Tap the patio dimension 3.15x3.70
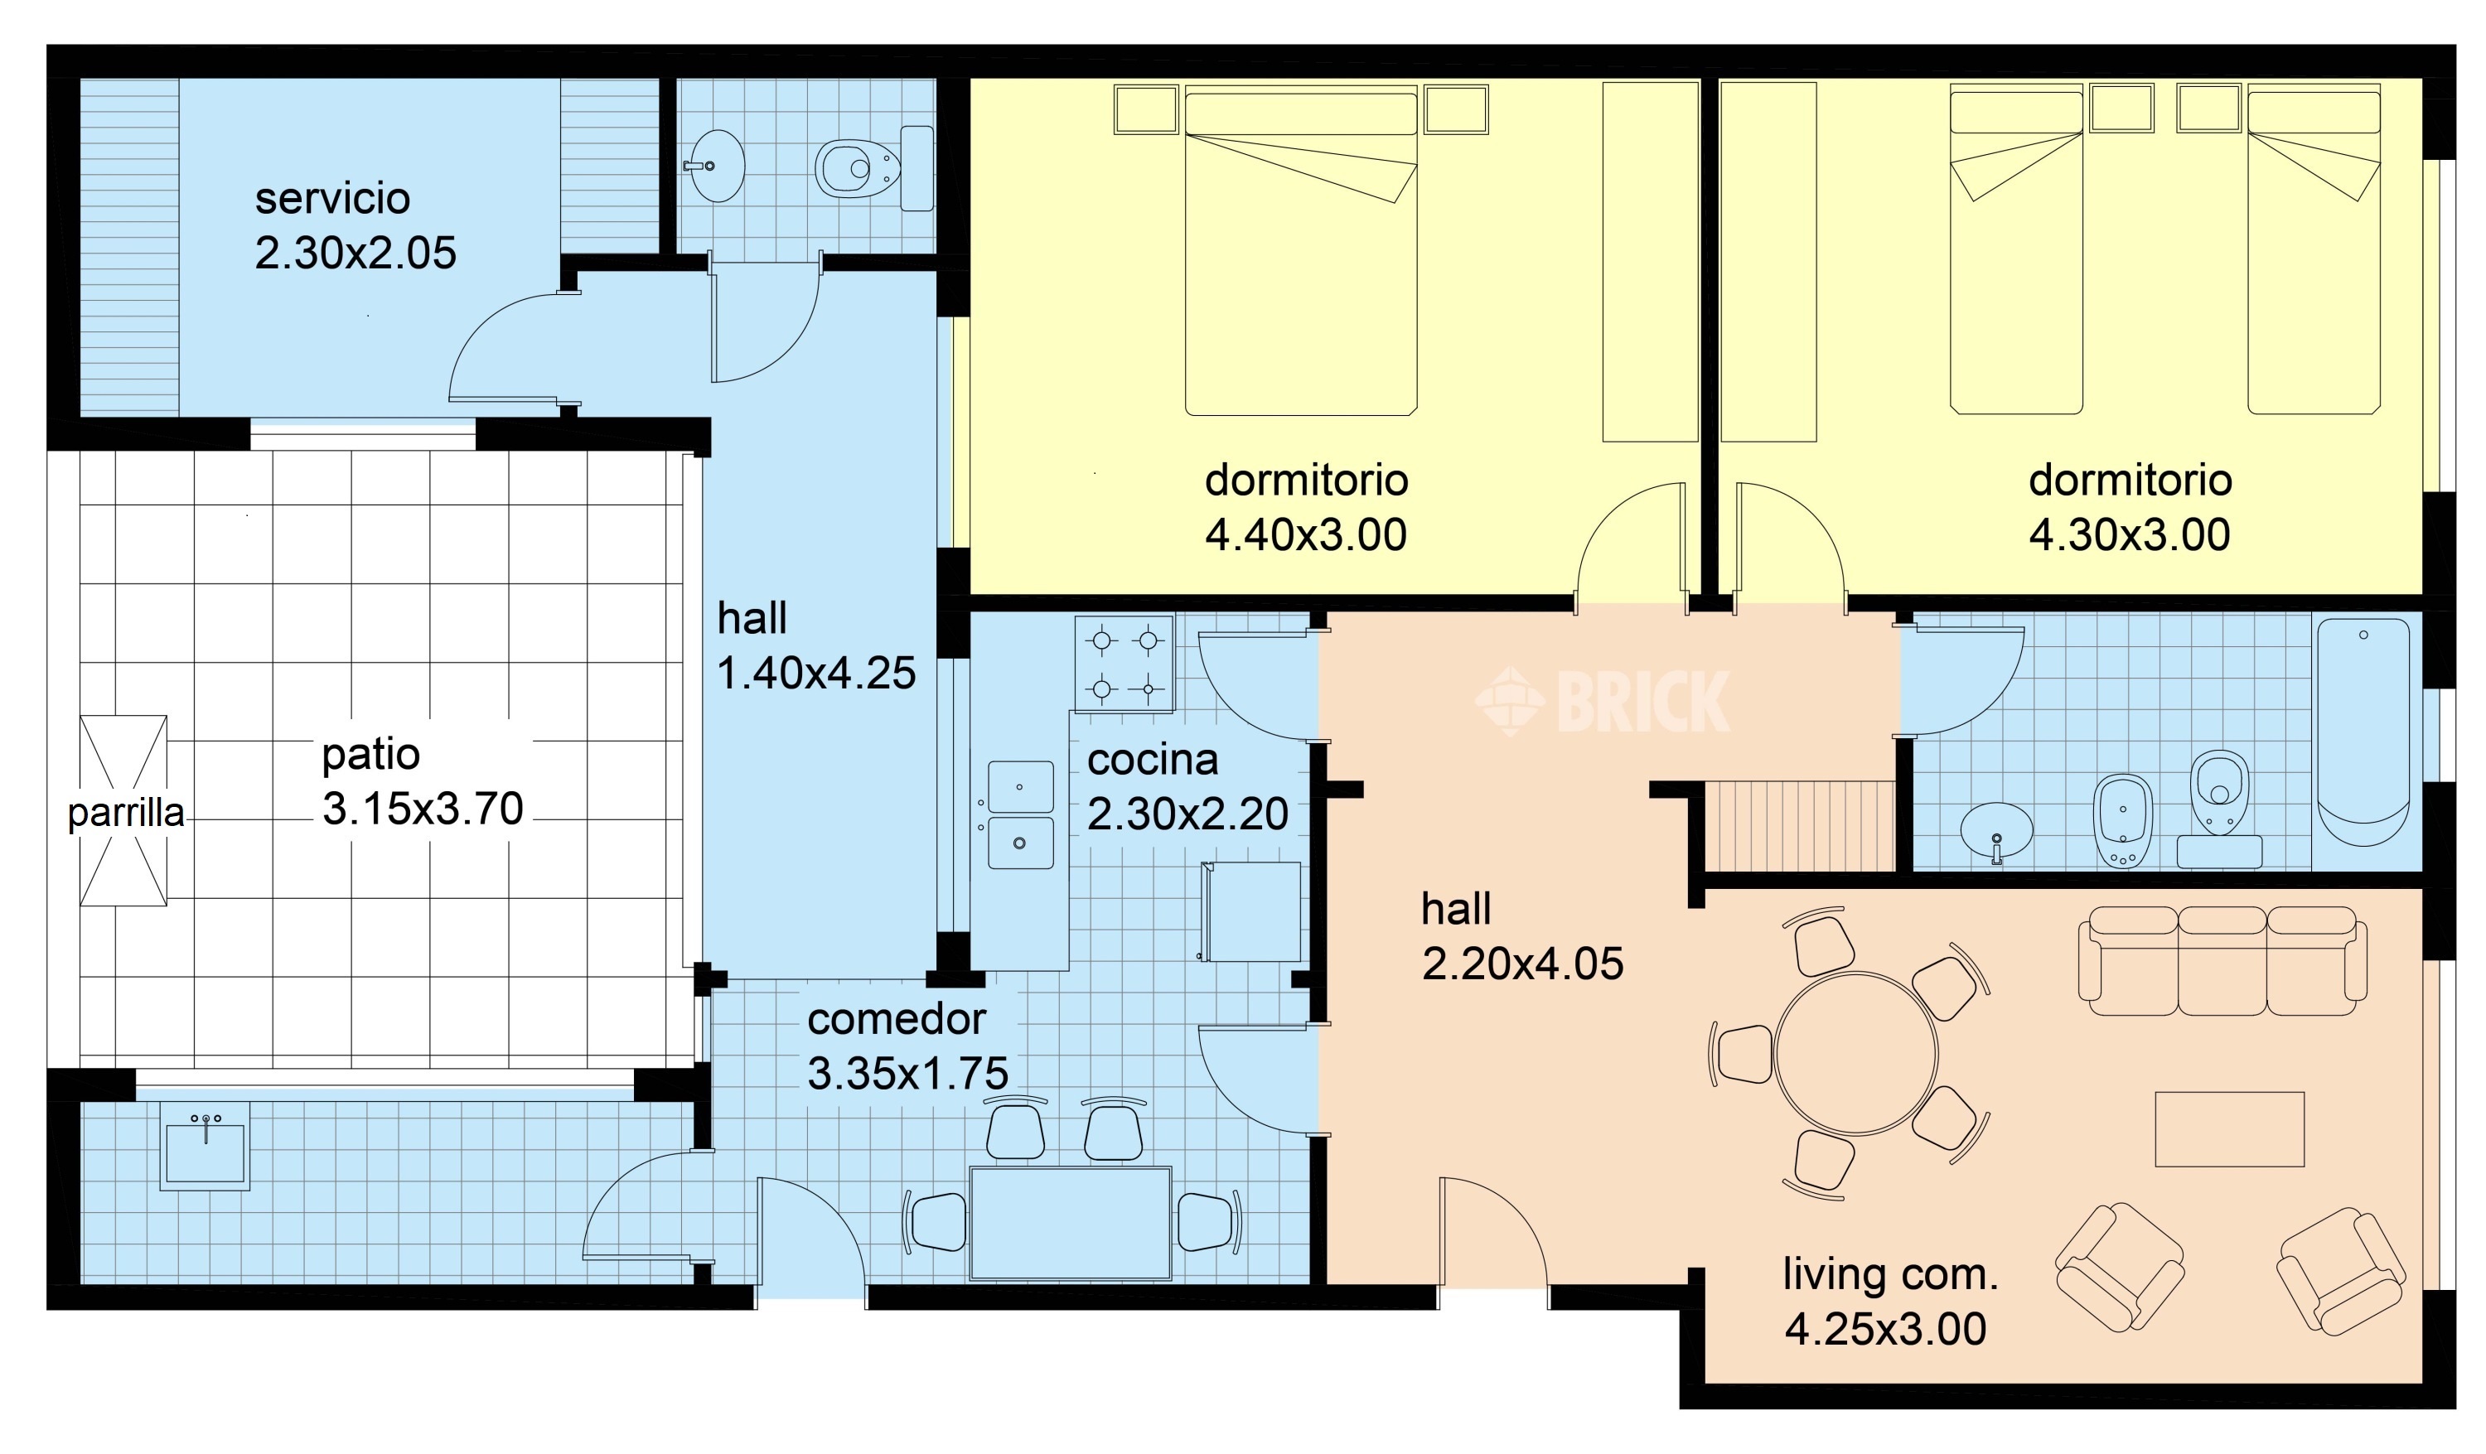(x=423, y=809)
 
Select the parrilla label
(x=125, y=813)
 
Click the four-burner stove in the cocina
(x=1125, y=664)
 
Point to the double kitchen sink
(x=1020, y=814)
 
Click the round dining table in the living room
(x=1855, y=1054)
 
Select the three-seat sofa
(x=2222, y=962)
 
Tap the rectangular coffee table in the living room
(x=2228, y=1129)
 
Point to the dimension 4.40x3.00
(x=1305, y=534)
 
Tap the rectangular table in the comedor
(x=1071, y=1223)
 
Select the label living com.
(x=1890, y=1274)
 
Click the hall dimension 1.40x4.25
(x=816, y=674)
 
